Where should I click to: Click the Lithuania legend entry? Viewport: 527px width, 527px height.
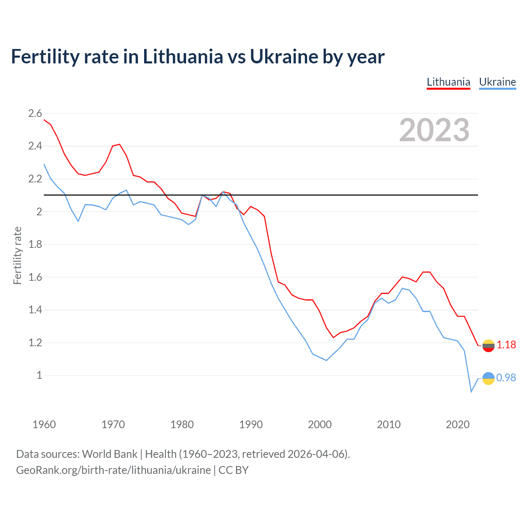[x=448, y=82]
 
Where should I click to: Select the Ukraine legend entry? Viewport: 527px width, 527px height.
[x=497, y=82]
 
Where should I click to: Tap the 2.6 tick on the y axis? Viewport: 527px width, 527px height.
[x=35, y=113]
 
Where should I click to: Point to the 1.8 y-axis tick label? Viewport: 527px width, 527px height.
[x=35, y=244]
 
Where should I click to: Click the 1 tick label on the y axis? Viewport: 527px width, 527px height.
[x=39, y=375]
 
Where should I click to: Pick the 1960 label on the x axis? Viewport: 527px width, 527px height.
[x=44, y=424]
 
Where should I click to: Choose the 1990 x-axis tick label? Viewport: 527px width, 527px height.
[x=251, y=424]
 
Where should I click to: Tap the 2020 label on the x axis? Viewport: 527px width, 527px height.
[x=457, y=424]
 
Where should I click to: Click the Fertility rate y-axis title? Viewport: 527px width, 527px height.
[x=17, y=255]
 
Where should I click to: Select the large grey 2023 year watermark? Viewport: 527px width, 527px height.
[x=434, y=130]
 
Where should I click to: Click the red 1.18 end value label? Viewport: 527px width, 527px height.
[x=506, y=345]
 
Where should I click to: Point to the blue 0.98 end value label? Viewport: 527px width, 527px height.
[x=506, y=378]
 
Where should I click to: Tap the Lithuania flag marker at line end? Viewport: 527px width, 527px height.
[x=488, y=346]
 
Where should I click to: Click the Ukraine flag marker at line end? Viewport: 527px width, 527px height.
[x=488, y=378]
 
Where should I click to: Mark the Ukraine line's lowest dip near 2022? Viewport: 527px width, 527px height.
[x=471, y=391]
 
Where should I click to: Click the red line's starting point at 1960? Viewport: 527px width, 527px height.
[x=44, y=120]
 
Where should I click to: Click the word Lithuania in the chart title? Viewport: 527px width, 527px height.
[x=183, y=57]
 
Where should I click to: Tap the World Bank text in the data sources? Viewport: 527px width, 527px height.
[x=110, y=454]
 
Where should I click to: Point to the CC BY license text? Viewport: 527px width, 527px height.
[x=233, y=470]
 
